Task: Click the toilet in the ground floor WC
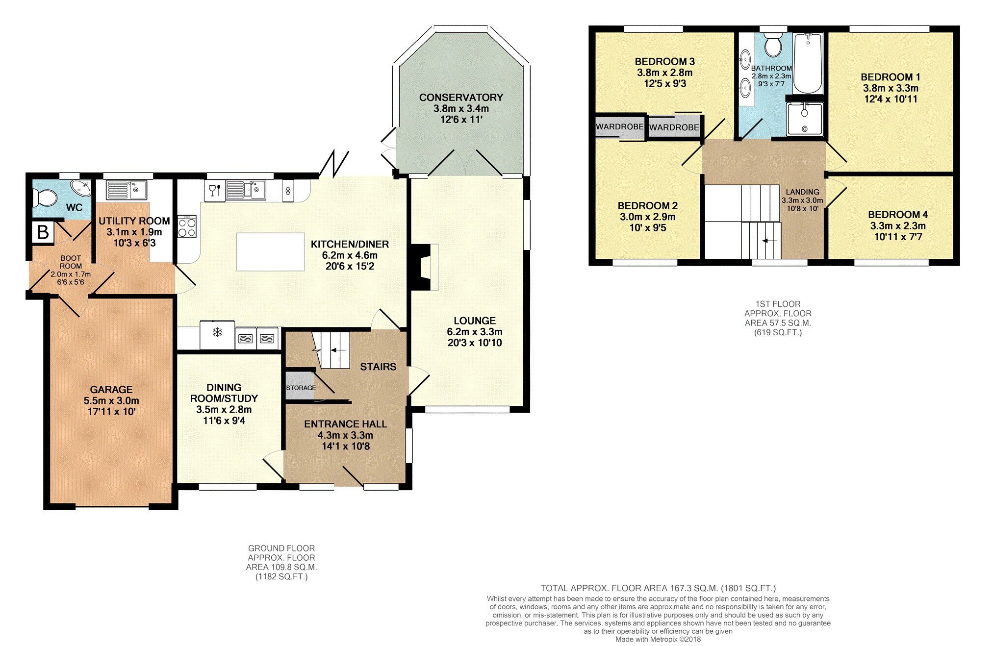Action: click(45, 198)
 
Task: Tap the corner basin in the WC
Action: click(81, 188)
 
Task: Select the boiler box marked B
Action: click(43, 232)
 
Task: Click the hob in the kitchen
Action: click(187, 226)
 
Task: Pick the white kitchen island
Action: click(270, 252)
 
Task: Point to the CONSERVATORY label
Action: click(461, 98)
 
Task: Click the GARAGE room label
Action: click(111, 390)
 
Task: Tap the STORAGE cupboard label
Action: click(301, 388)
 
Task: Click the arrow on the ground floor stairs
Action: click(338, 350)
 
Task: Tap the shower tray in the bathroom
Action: click(805, 119)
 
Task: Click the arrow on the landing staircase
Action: click(770, 241)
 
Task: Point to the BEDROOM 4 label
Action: click(898, 215)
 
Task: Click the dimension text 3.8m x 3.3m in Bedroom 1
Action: click(891, 88)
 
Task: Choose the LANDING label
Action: click(802, 192)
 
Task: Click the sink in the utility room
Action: click(126, 190)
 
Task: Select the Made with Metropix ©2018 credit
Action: click(658, 639)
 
